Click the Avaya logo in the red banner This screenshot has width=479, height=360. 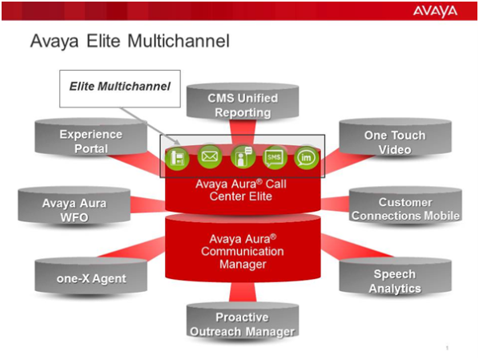[435, 11]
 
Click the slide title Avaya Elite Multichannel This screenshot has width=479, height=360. [130, 41]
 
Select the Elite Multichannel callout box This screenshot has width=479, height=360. [120, 89]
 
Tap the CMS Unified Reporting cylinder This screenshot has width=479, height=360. [243, 102]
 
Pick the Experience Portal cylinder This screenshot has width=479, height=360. [91, 137]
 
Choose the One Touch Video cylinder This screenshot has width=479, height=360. [396, 138]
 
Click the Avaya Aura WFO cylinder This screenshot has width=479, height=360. [74, 206]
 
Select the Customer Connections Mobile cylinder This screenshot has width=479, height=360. [405, 205]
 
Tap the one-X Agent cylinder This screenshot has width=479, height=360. [91, 275]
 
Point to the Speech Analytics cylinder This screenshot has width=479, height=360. [396, 277]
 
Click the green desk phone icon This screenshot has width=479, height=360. [177, 158]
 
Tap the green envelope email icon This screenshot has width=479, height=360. [210, 157]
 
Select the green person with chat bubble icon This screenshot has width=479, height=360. [243, 157]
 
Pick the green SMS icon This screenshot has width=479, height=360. [275, 157]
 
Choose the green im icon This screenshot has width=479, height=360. [307, 157]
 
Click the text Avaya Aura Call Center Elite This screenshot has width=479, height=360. [241, 190]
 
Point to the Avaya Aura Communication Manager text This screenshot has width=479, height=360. [243, 252]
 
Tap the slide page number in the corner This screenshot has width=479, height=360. [447, 348]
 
